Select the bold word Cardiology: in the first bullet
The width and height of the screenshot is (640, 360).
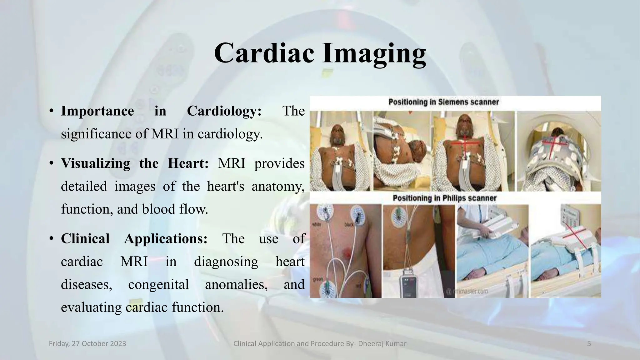pos(224,111)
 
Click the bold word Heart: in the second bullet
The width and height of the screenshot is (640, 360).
pos(188,163)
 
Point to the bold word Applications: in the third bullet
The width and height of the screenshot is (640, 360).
pos(166,239)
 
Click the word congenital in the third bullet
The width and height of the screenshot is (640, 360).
pos(158,284)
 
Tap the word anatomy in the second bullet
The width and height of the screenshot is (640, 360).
pos(277,187)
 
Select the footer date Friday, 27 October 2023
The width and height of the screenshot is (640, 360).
pos(87,344)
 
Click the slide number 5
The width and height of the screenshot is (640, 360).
pos(589,344)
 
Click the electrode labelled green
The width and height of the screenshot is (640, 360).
pos(326,288)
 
